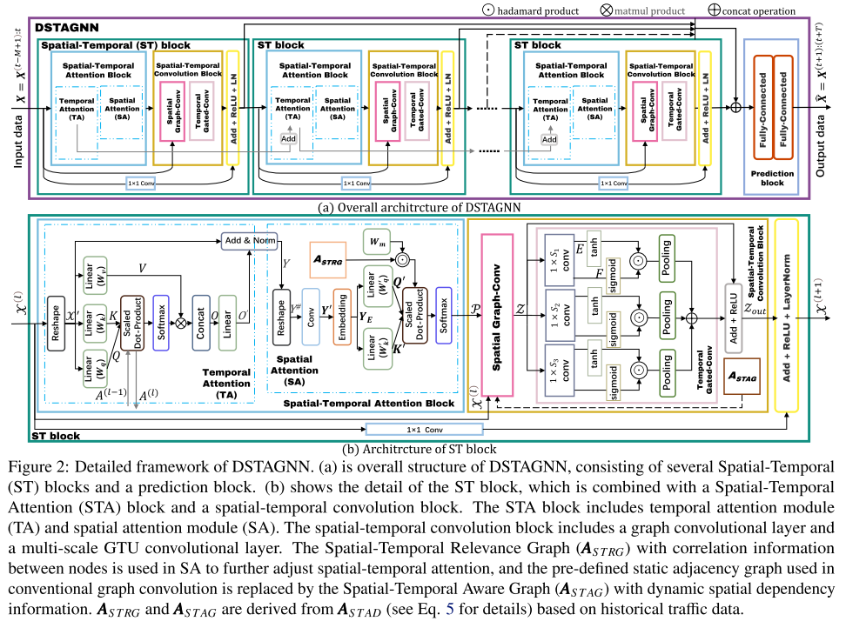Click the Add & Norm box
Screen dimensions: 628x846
pos(250,240)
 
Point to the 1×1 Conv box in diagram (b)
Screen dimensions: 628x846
pos(424,428)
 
